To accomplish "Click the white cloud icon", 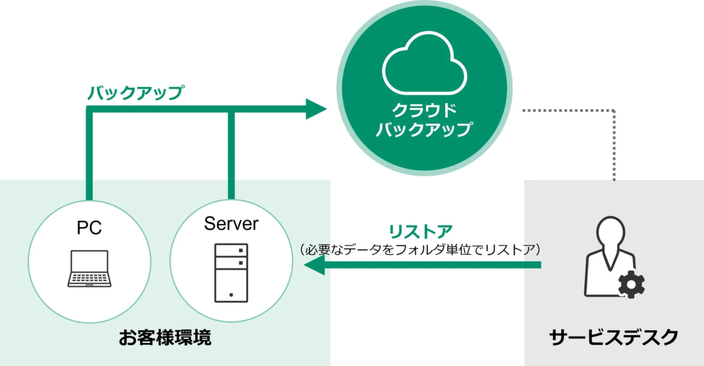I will (424, 68).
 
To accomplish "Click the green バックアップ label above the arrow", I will (136, 93).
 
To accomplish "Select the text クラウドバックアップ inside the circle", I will (424, 120).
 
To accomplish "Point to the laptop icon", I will (89, 268).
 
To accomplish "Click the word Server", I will (231, 223).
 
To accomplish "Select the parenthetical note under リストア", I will (421, 249).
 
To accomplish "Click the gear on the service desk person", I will (632, 285).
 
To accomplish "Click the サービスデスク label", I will (614, 337).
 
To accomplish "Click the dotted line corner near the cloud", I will (614, 110).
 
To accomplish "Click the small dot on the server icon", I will (231, 294).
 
